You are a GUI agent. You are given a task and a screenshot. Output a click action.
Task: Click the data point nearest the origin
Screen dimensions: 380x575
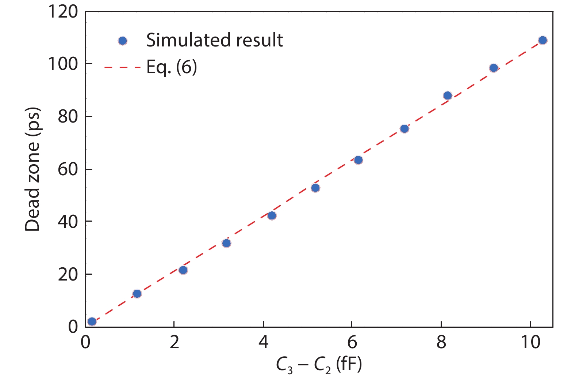[92, 321]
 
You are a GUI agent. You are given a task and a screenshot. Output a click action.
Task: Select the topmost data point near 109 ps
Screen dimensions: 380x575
[543, 40]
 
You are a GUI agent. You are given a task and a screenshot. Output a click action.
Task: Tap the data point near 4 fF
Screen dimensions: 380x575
[272, 215]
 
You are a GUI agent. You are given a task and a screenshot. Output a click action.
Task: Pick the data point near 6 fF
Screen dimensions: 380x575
[358, 160]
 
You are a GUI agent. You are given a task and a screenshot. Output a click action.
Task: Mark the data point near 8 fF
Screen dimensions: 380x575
[448, 95]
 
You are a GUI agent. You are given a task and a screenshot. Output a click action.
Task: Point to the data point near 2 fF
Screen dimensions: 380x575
[183, 270]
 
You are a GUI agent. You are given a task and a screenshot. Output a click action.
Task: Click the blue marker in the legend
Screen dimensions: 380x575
[123, 41]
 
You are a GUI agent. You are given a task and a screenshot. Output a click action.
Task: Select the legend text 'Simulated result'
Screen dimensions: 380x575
[214, 40]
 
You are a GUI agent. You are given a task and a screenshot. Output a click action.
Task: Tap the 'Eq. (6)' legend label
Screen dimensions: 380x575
[172, 67]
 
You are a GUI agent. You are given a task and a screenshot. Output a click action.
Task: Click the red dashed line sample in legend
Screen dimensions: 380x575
[122, 68]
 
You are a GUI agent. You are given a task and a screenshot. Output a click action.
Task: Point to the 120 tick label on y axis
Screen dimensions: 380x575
[63, 12]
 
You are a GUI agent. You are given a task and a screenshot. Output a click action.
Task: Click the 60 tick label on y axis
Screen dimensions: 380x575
[68, 169]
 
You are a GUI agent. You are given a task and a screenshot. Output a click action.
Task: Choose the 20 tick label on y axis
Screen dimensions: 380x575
[68, 274]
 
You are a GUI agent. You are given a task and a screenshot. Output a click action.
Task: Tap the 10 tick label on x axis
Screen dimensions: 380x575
[530, 342]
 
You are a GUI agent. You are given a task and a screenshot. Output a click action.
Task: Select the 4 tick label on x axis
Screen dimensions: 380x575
[263, 342]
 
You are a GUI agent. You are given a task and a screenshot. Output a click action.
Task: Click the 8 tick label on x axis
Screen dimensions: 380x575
[441, 342]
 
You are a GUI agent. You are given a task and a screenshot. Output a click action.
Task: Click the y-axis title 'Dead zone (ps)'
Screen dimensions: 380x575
[32, 169]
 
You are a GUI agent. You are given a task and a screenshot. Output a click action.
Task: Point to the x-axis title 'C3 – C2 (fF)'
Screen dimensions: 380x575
[319, 365]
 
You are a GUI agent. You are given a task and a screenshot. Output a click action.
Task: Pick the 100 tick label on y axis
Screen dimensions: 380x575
[63, 64]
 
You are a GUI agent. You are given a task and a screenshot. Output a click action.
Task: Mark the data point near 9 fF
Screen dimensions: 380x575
[494, 68]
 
